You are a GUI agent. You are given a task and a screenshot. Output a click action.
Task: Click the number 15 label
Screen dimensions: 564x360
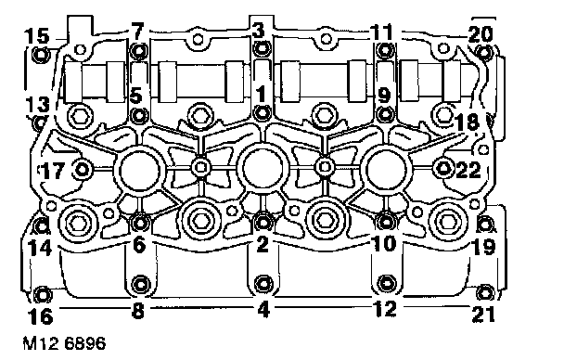click(37, 36)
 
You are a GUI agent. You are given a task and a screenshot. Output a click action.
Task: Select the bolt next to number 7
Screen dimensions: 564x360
click(138, 51)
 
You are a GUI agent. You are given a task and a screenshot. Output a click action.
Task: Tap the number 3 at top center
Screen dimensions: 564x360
click(258, 31)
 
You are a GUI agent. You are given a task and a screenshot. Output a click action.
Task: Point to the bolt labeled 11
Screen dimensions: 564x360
click(385, 50)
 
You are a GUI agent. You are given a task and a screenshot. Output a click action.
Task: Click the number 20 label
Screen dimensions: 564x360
click(481, 34)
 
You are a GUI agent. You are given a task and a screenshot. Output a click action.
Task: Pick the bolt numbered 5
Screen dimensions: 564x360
click(138, 115)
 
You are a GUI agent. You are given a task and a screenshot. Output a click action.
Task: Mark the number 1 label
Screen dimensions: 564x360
click(261, 94)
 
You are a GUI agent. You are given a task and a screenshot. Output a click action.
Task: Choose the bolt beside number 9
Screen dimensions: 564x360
click(385, 115)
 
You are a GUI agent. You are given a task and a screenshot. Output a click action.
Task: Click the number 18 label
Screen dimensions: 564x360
click(468, 122)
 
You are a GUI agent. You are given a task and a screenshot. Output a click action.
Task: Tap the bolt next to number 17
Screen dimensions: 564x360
click(82, 169)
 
